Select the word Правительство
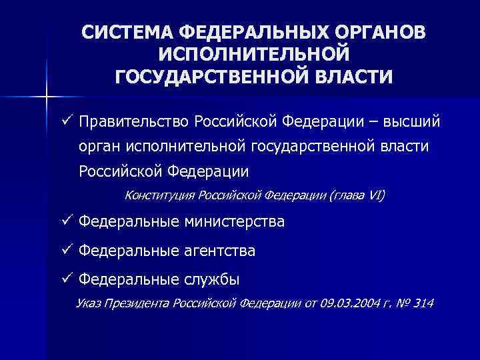[132, 123]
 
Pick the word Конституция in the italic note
[159, 195]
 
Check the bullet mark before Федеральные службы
[65, 279]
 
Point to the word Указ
[90, 304]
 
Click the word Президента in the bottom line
[136, 304]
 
